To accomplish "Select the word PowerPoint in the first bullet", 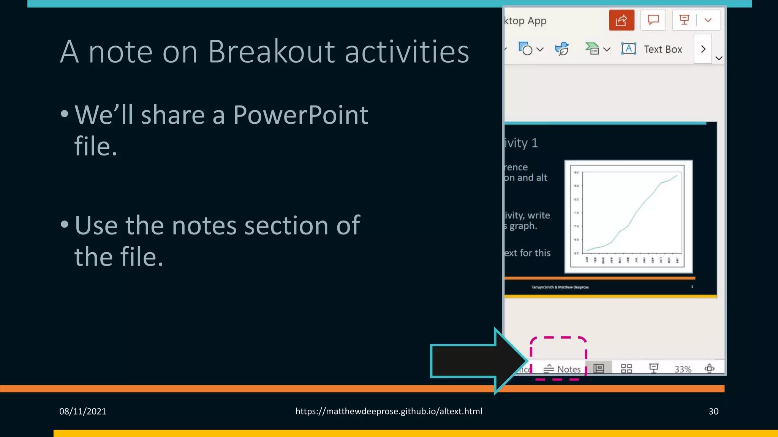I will point(300,115).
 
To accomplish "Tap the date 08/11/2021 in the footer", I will point(82,411).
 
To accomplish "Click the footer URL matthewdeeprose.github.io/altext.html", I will point(389,411).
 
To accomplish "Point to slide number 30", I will point(713,411).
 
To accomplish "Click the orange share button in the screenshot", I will point(621,20).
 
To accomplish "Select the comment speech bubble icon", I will point(653,20).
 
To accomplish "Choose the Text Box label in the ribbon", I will point(663,49).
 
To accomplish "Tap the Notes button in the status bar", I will point(562,369).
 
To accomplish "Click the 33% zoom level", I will point(683,369).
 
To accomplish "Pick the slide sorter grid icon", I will point(626,369).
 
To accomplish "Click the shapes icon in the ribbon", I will point(526,49).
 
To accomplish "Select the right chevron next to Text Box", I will point(703,49).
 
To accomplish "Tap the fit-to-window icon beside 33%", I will point(709,368).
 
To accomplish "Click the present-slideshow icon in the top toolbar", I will point(684,20).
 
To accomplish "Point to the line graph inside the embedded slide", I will point(629,216).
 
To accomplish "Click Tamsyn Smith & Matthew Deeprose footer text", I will point(560,287).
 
